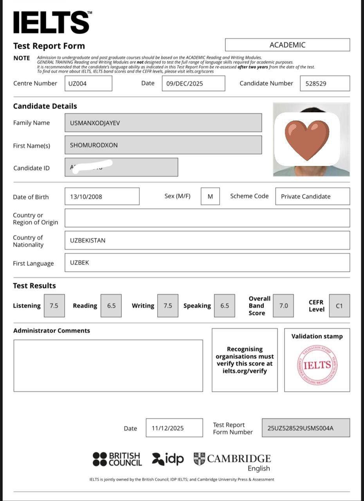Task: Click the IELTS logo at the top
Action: pos(52,22)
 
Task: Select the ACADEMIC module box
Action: pos(287,45)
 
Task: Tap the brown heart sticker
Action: pos(307,140)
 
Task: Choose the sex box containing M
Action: pos(210,196)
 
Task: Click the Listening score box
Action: pos(54,306)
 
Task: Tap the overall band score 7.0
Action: pos(283,306)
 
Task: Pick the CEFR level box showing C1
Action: pos(339,306)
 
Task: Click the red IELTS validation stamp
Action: pos(317,365)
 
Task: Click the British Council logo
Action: pos(117,459)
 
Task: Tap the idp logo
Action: pos(168,458)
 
